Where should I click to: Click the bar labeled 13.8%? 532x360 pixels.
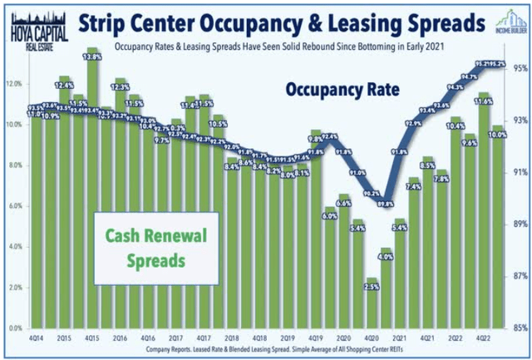point(93,191)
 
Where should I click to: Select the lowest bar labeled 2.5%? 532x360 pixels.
point(372,308)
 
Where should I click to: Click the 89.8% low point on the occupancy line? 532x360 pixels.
point(386,204)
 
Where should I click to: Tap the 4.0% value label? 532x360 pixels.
point(385,257)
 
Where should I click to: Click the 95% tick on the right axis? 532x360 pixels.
point(519,68)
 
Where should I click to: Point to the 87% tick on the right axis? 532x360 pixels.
point(519,275)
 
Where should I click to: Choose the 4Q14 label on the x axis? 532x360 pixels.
point(37,339)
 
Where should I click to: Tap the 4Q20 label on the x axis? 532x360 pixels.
point(372,339)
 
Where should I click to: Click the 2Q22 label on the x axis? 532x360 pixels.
point(455,339)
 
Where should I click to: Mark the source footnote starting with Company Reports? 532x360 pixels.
point(266,351)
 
